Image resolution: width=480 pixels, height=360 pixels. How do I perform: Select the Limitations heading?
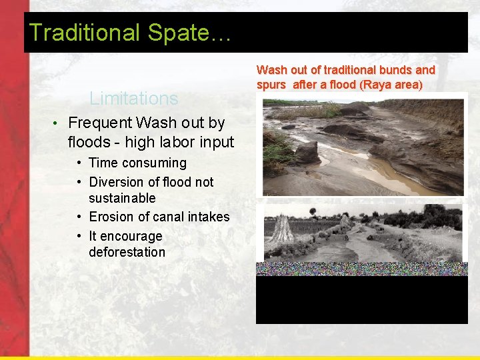click(x=134, y=99)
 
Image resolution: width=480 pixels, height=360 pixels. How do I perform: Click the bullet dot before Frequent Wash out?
click(x=58, y=123)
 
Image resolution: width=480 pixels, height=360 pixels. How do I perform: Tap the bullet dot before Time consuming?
click(x=79, y=163)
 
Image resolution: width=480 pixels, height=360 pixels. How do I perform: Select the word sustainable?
click(x=122, y=198)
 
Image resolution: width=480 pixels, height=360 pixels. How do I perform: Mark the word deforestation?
click(x=127, y=252)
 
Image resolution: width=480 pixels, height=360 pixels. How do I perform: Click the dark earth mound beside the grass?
click(x=306, y=152)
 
